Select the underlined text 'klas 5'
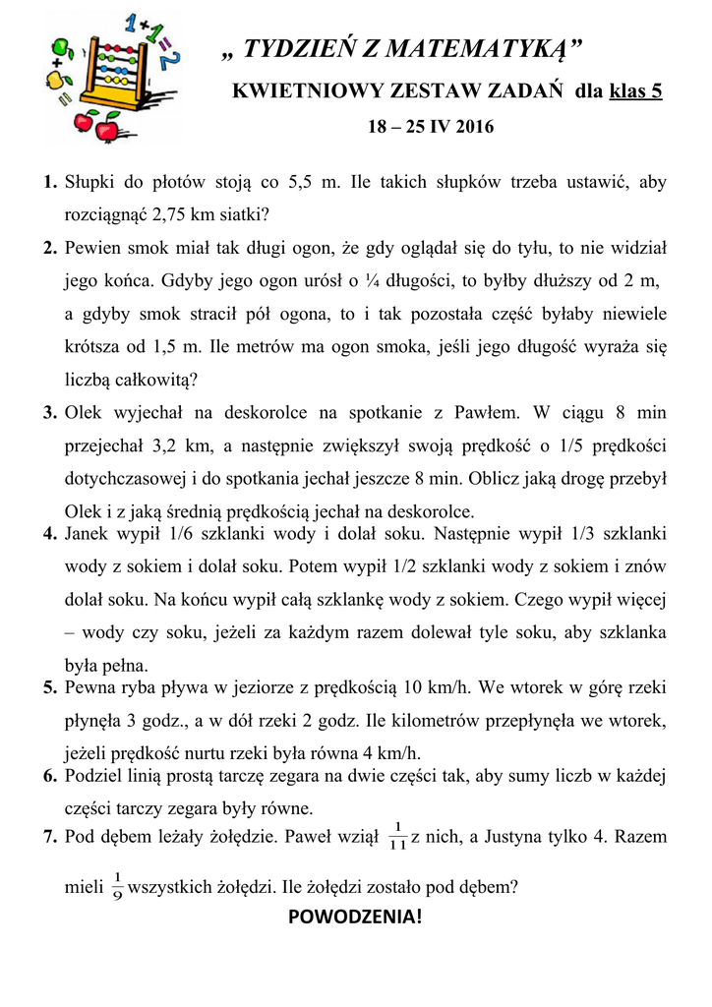tap(635, 91)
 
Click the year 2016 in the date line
tap(476, 127)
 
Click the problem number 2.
tap(49, 247)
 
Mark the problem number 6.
tap(49, 776)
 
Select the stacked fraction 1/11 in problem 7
tap(397, 837)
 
